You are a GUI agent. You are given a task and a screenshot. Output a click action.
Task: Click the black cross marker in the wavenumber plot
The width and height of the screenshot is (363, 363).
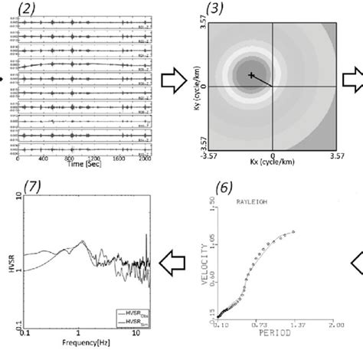[251, 75]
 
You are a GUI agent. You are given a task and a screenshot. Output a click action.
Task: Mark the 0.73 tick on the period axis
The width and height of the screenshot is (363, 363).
[263, 346]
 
